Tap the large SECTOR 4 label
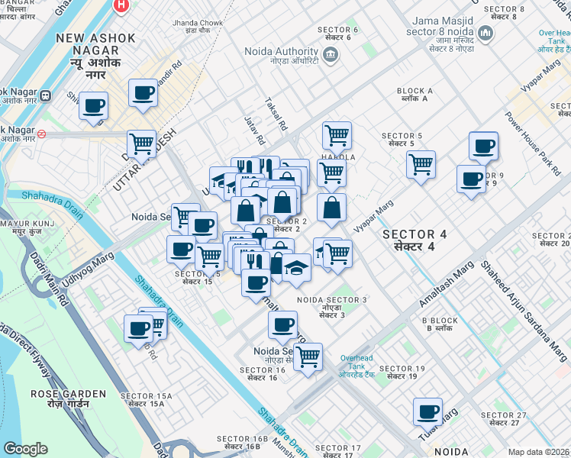(415, 240)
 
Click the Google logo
(25, 449)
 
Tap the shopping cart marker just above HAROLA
(337, 135)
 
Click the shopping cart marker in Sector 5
(421, 163)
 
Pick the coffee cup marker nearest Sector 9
(471, 179)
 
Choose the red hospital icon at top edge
(120, 5)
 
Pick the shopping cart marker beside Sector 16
(307, 356)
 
